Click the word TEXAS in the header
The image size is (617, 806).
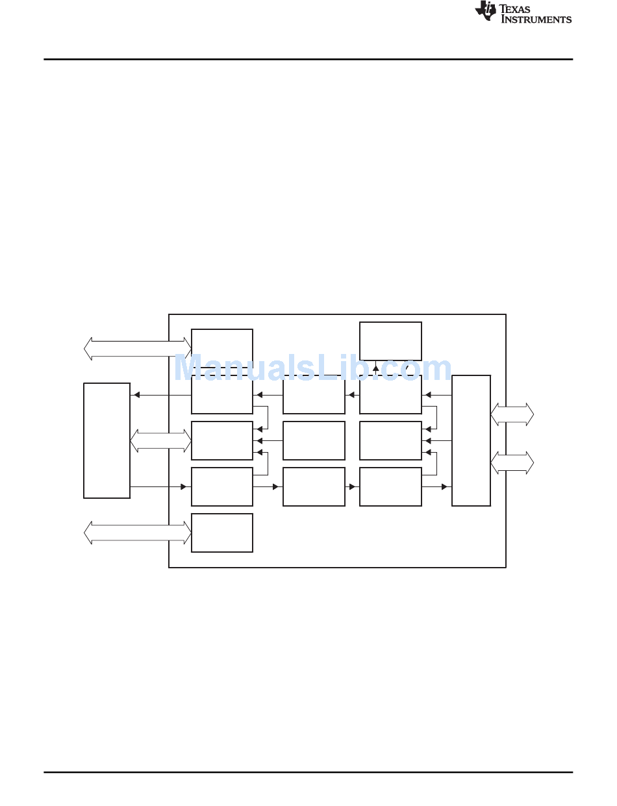pyautogui.click(x=514, y=9)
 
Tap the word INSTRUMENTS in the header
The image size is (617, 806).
pyautogui.click(x=536, y=19)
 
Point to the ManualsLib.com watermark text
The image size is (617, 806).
pyautogui.click(x=312, y=367)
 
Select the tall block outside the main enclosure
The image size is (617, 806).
pyautogui.click(x=107, y=440)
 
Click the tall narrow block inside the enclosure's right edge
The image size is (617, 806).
pyautogui.click(x=471, y=440)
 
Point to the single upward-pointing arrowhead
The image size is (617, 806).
pyautogui.click(x=375, y=368)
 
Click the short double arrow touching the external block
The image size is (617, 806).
pyautogui.click(x=160, y=440)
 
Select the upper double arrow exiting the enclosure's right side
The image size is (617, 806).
pyautogui.click(x=512, y=414)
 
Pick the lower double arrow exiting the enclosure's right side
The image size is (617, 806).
pyautogui.click(x=512, y=462)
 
